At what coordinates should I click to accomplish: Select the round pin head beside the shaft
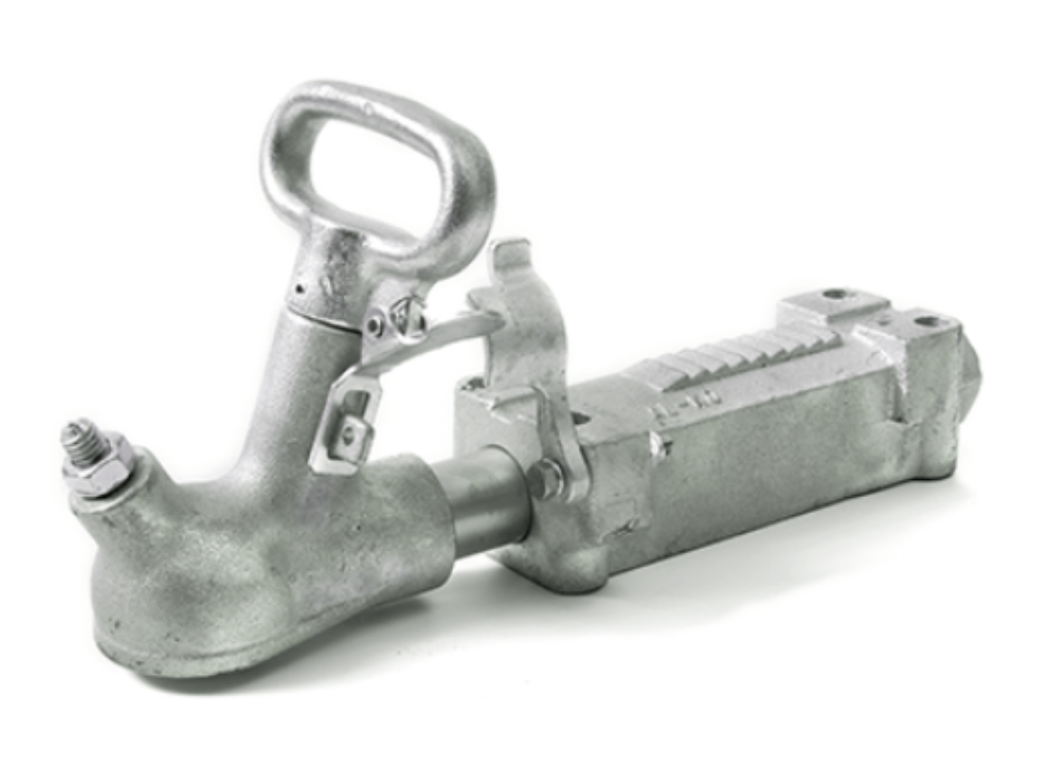click(544, 478)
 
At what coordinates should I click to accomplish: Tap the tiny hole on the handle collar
click(301, 290)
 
